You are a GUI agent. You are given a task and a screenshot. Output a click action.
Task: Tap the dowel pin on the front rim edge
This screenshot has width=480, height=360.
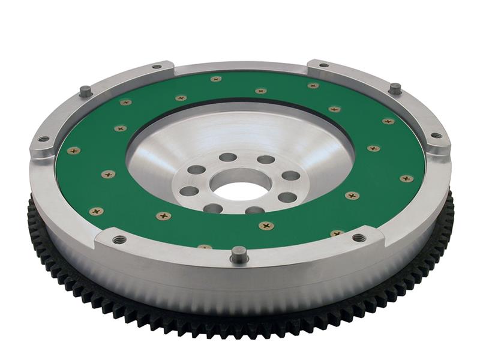[x=239, y=254]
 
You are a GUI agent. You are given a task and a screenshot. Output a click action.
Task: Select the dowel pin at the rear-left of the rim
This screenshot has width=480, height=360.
[x=86, y=91]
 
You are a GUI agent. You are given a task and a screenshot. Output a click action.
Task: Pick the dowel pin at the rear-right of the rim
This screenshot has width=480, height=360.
[x=394, y=89]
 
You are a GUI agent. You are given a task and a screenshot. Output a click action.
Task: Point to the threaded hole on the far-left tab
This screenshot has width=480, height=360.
[x=43, y=139]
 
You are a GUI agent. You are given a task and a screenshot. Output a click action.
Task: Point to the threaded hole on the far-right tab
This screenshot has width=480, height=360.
[x=436, y=136]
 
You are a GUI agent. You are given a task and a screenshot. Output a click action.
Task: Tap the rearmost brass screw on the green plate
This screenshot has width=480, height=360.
[x=216, y=79]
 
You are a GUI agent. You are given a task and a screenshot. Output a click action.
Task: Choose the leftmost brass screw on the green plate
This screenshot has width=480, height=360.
[x=73, y=151]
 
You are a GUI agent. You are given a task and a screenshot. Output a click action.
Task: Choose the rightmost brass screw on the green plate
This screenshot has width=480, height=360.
[x=406, y=178]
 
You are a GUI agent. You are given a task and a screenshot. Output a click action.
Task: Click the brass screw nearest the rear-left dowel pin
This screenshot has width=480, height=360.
[x=125, y=103]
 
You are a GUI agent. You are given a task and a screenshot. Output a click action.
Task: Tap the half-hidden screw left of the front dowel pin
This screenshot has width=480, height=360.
[x=205, y=247]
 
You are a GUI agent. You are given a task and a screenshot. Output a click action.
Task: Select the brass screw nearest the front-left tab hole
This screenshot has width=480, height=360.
[x=95, y=211]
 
